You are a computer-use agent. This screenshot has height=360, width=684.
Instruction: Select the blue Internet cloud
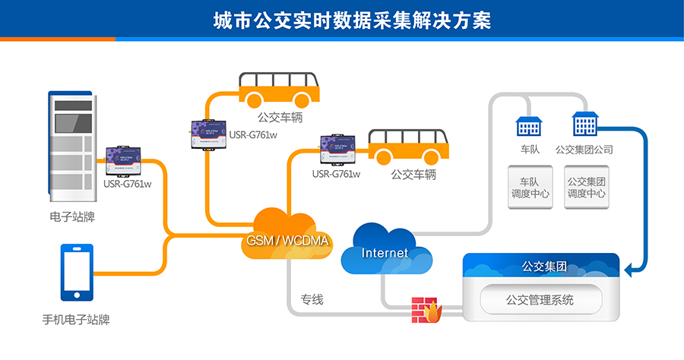click(x=385, y=251)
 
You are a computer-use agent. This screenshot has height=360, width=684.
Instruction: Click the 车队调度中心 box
click(x=530, y=187)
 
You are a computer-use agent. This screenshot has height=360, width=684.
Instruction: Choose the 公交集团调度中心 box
click(x=586, y=187)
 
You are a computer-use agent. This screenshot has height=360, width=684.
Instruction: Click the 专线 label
click(x=312, y=299)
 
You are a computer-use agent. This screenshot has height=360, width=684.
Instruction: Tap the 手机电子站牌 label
click(x=76, y=320)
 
